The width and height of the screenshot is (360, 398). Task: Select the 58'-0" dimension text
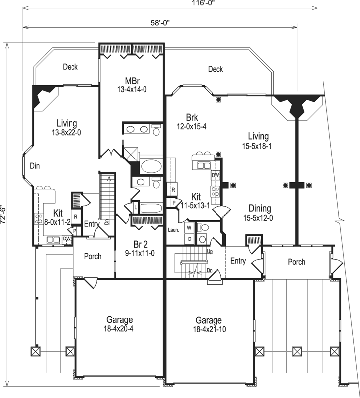tap(162, 22)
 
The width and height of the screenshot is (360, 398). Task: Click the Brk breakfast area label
tap(192, 118)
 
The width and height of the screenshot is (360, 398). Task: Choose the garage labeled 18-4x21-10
tap(209, 320)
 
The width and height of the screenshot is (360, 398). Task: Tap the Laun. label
tap(173, 230)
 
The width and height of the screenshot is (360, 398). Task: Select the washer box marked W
tap(189, 228)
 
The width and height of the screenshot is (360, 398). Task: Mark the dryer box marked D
tap(189, 238)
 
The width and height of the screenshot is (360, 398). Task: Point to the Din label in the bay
tap(34, 165)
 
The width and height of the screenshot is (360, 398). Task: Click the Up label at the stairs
tap(210, 252)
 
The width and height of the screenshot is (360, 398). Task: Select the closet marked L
tap(136, 206)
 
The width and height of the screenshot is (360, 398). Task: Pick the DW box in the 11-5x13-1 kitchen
tap(216, 175)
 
